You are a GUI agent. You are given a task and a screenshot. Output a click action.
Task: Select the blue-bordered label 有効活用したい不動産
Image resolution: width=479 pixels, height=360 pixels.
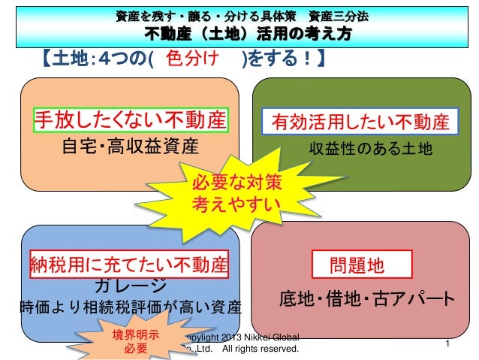tap(360, 123)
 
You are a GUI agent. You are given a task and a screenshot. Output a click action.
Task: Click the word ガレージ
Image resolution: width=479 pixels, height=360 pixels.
tap(126, 286)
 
